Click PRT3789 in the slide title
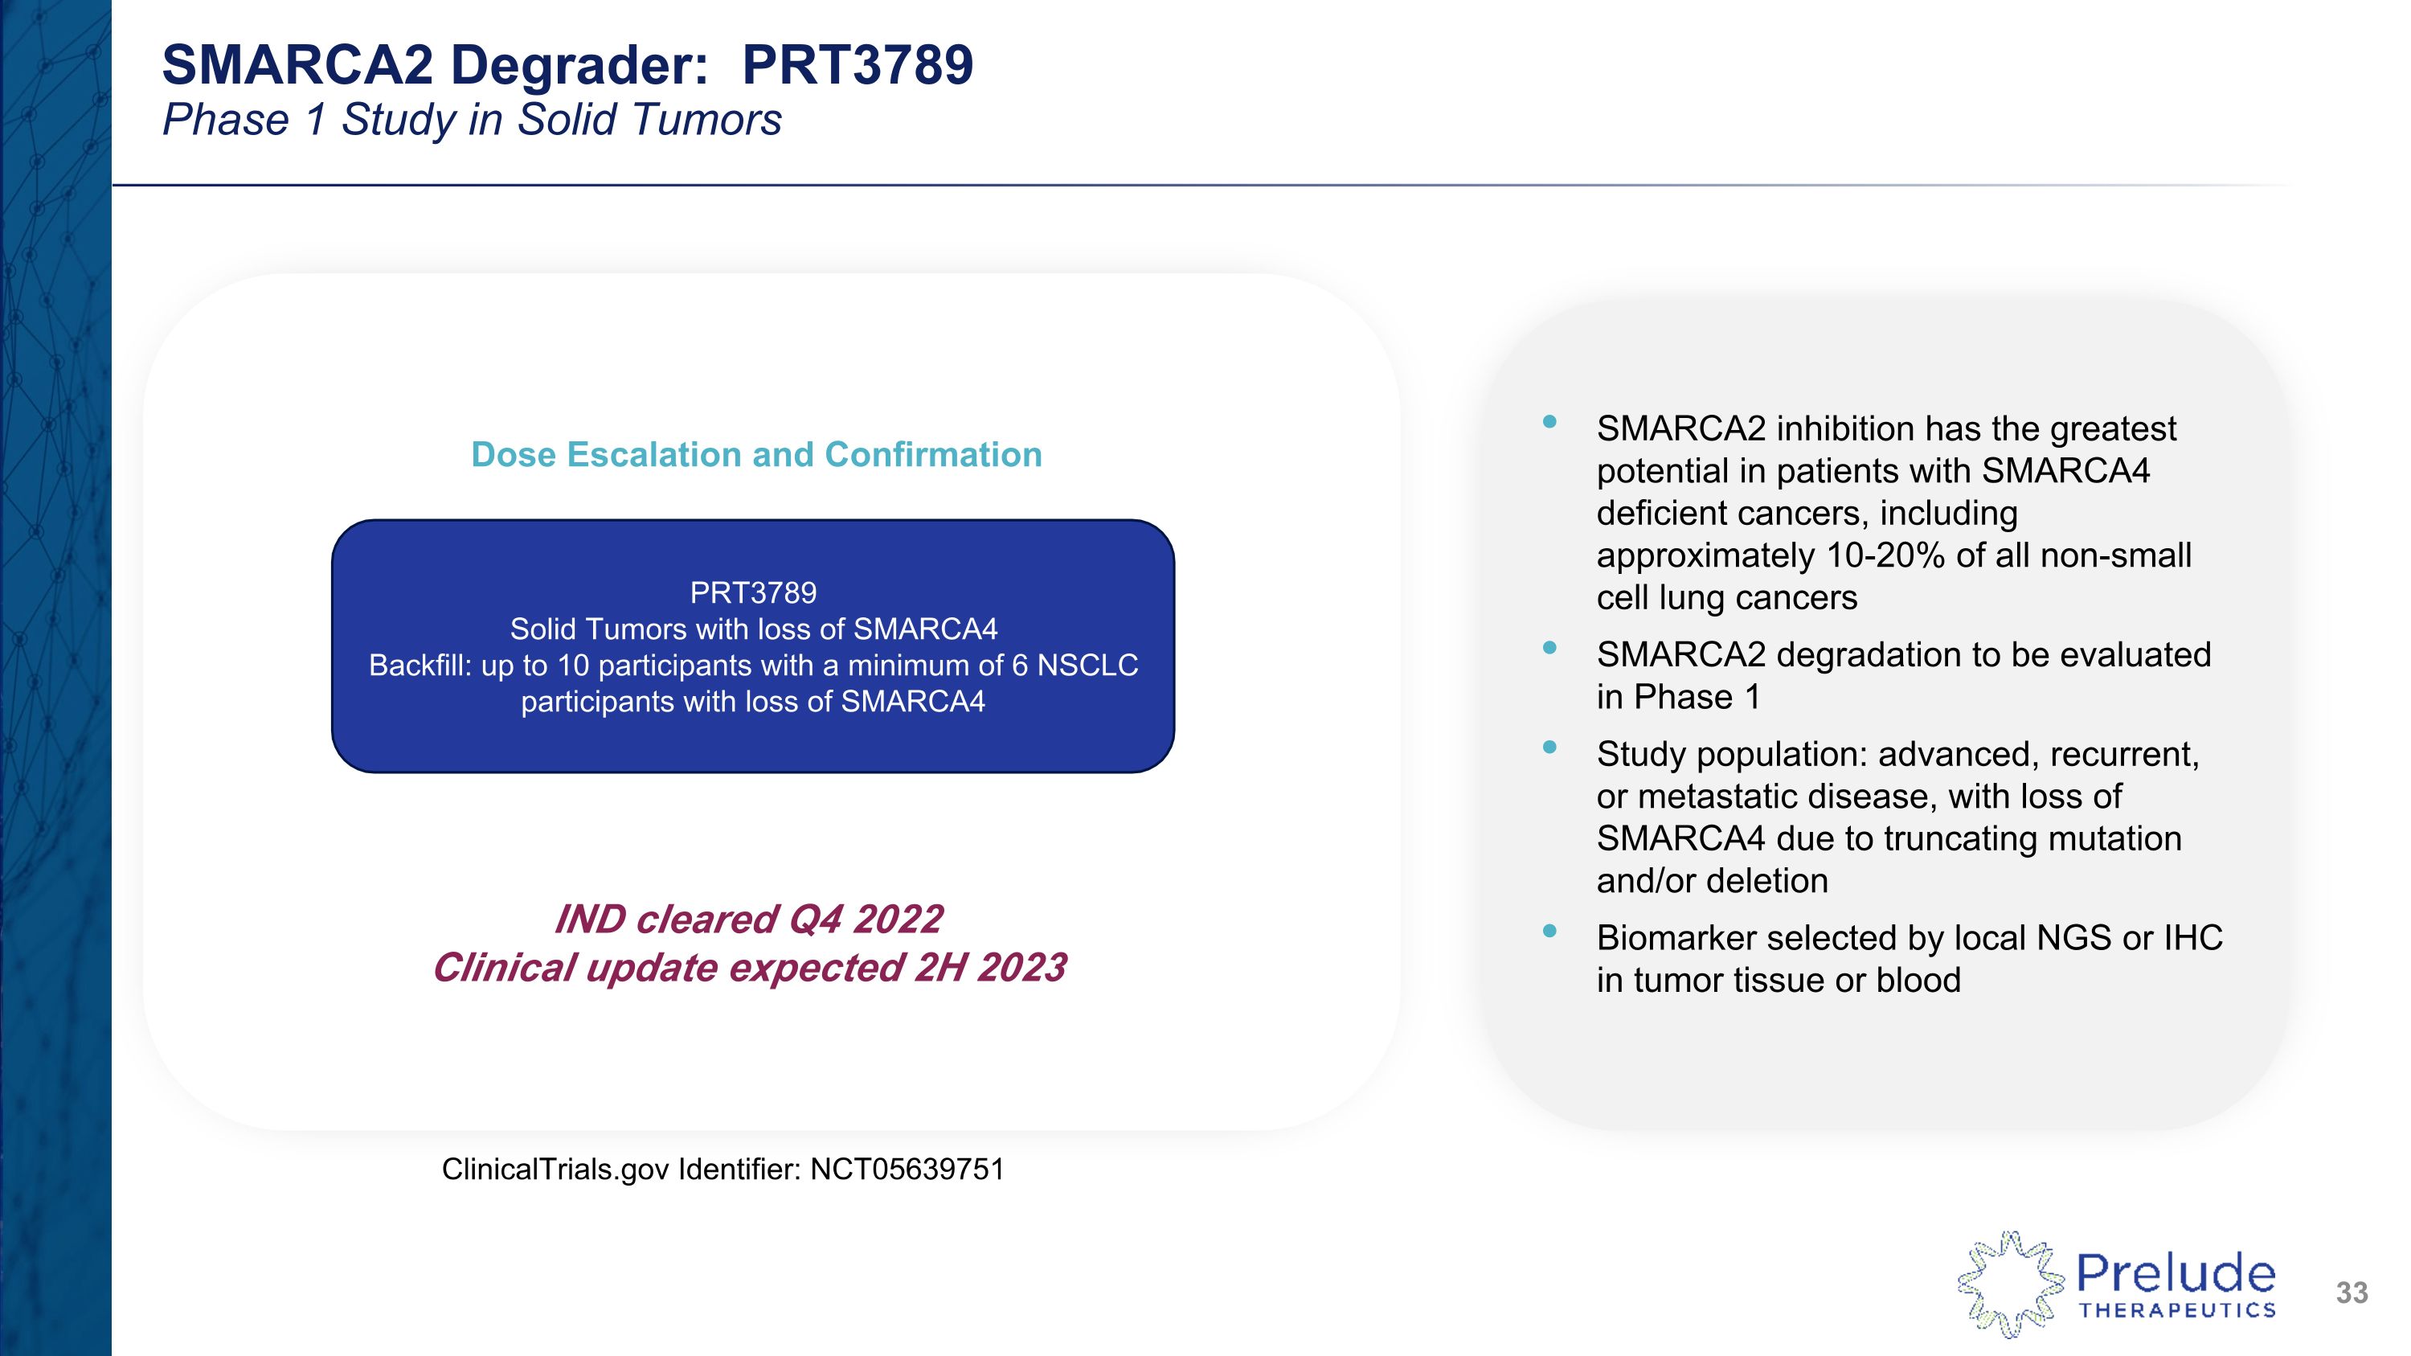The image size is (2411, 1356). tap(857, 65)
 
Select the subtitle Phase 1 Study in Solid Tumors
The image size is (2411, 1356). tap(472, 120)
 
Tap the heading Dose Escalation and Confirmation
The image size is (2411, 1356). tap(756, 455)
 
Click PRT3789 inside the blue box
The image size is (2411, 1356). tap(752, 592)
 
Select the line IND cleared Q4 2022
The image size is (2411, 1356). tap(748, 919)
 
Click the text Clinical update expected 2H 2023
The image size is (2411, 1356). tap(748, 968)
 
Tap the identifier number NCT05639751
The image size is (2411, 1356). tap(907, 1170)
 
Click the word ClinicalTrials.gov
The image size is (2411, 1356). tap(556, 1170)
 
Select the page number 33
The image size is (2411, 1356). tap(2351, 1293)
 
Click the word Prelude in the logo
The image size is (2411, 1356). tap(2176, 1274)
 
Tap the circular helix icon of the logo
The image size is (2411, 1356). tap(2009, 1283)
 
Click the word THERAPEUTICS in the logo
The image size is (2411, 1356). tap(2177, 1311)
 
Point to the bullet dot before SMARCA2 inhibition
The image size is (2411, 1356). tap(1549, 422)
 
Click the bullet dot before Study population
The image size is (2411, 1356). tap(1549, 747)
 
